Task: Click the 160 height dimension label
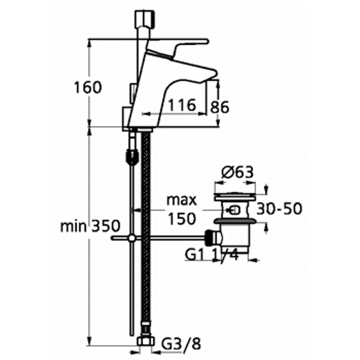(x=88, y=87)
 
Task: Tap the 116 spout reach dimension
(x=182, y=105)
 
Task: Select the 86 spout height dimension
(x=219, y=107)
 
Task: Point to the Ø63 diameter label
(x=237, y=172)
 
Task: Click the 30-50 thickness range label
(x=279, y=208)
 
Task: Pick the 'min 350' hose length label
(x=90, y=226)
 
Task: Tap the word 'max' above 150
(x=182, y=200)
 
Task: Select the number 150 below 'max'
(x=182, y=218)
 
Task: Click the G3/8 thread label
(x=181, y=344)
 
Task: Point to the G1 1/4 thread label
(x=212, y=254)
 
